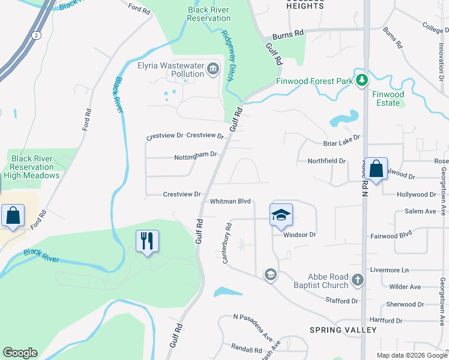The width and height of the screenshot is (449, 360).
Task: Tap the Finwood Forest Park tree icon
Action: coord(362,80)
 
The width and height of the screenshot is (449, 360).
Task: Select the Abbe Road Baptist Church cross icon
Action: coord(358,280)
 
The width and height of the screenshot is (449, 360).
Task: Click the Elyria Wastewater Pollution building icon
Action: coord(212,70)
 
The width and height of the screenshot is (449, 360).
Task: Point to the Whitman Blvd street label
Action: coord(229,202)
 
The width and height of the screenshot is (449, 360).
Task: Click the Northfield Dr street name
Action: coord(327,161)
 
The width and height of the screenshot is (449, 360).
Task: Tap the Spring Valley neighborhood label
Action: coord(343,330)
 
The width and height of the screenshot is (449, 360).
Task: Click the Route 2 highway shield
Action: coord(38,35)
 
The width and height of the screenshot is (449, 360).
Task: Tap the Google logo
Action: coord(20,353)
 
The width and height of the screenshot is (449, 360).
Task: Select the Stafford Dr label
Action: coord(342,300)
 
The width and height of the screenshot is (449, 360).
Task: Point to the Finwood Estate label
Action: coord(388,98)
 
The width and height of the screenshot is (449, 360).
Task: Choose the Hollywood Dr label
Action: coord(417,195)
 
